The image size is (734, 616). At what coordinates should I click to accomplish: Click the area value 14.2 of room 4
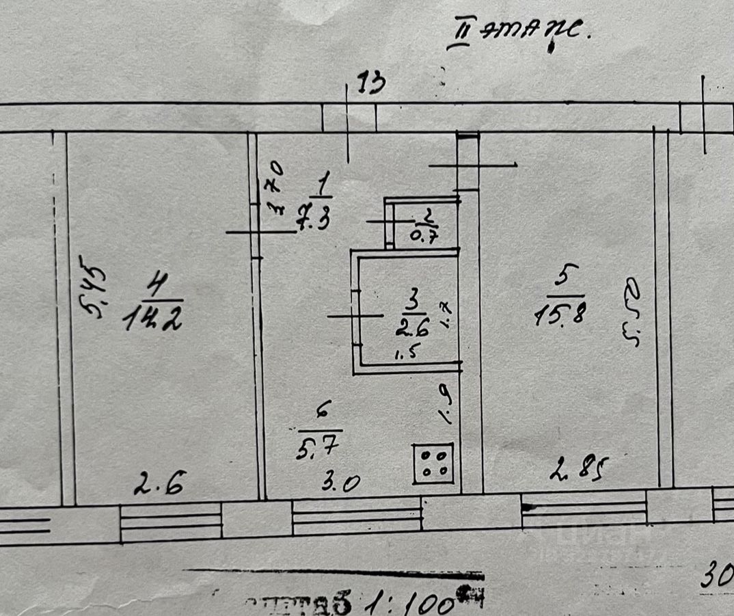tap(152, 319)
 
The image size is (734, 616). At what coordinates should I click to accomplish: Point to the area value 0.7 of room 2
tap(424, 237)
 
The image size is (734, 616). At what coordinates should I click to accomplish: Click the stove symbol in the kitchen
tap(434, 463)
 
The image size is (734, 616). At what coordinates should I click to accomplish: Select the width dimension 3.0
tap(342, 484)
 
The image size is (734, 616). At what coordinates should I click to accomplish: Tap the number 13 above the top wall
tap(372, 85)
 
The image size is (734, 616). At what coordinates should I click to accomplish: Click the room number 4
tap(156, 289)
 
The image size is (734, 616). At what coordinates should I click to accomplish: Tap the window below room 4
tap(171, 521)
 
